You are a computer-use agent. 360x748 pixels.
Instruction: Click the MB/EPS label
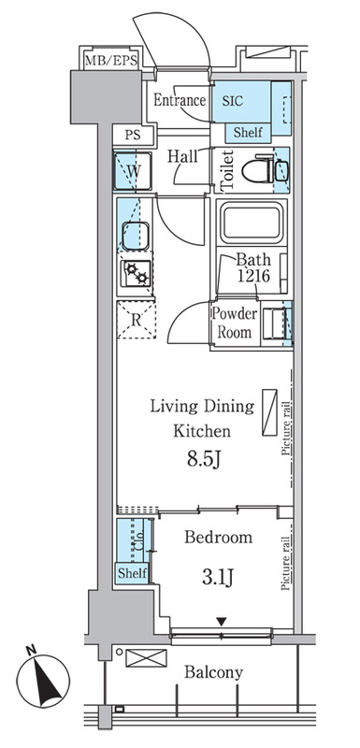(111, 61)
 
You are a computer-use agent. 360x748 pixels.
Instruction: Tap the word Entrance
(180, 100)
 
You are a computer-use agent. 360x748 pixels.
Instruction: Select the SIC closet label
(233, 101)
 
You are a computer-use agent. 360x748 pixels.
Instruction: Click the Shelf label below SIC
(248, 132)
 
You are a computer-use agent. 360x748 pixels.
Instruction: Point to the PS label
(133, 135)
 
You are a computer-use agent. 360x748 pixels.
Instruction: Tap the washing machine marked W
(133, 171)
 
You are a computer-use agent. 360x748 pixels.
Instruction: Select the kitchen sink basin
(136, 236)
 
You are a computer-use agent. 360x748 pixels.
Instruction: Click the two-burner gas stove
(136, 273)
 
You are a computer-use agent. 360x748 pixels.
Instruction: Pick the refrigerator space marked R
(137, 320)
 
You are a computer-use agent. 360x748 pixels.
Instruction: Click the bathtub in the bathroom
(252, 223)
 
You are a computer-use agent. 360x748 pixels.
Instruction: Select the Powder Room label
(235, 323)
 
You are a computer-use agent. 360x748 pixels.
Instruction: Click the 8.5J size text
(202, 460)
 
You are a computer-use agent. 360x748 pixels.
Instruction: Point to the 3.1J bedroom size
(218, 578)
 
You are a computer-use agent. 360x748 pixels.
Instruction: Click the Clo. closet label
(139, 545)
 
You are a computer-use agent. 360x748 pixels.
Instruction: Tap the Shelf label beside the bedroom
(132, 573)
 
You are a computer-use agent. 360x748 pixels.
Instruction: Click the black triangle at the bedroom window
(221, 622)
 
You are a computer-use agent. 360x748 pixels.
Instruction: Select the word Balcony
(213, 672)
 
